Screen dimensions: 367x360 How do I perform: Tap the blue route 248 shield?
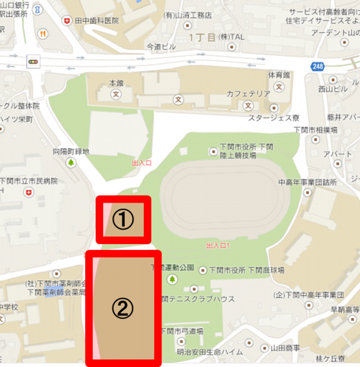click(x=317, y=65)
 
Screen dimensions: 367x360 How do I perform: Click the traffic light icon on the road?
click(x=31, y=62)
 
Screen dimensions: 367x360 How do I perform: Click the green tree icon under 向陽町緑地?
click(x=71, y=163)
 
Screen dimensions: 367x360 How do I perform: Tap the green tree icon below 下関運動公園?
click(x=172, y=279)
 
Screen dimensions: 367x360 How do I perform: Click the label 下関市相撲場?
click(x=326, y=130)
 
